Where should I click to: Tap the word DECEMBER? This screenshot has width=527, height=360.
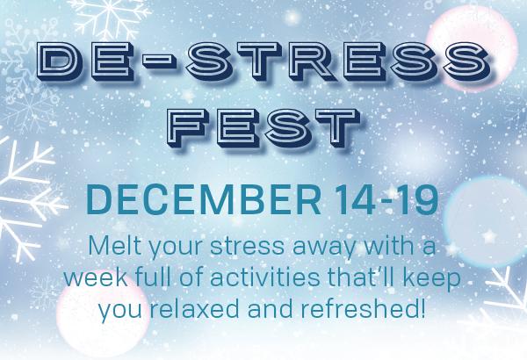point(204,199)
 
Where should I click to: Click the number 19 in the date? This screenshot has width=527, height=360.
point(419,199)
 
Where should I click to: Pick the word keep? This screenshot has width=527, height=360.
point(432,280)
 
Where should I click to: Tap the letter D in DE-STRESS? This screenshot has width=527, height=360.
point(60,61)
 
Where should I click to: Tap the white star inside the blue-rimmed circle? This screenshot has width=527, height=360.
point(489,236)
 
